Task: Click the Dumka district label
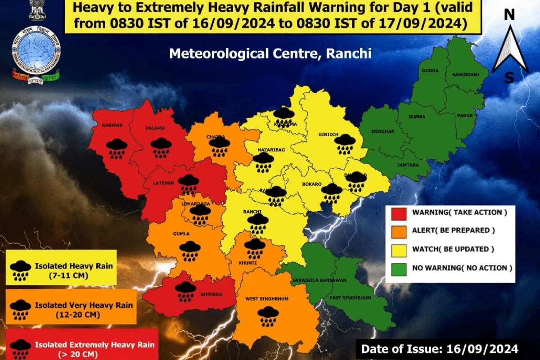pyautogui.click(x=417, y=117)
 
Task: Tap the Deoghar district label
pyautogui.click(x=383, y=131)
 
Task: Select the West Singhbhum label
pyautogui.click(x=267, y=299)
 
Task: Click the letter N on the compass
pyautogui.click(x=509, y=15)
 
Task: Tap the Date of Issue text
pyautogui.click(x=439, y=349)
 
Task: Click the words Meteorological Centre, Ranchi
pyautogui.click(x=270, y=54)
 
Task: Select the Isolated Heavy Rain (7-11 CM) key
pyautogui.click(x=62, y=269)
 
